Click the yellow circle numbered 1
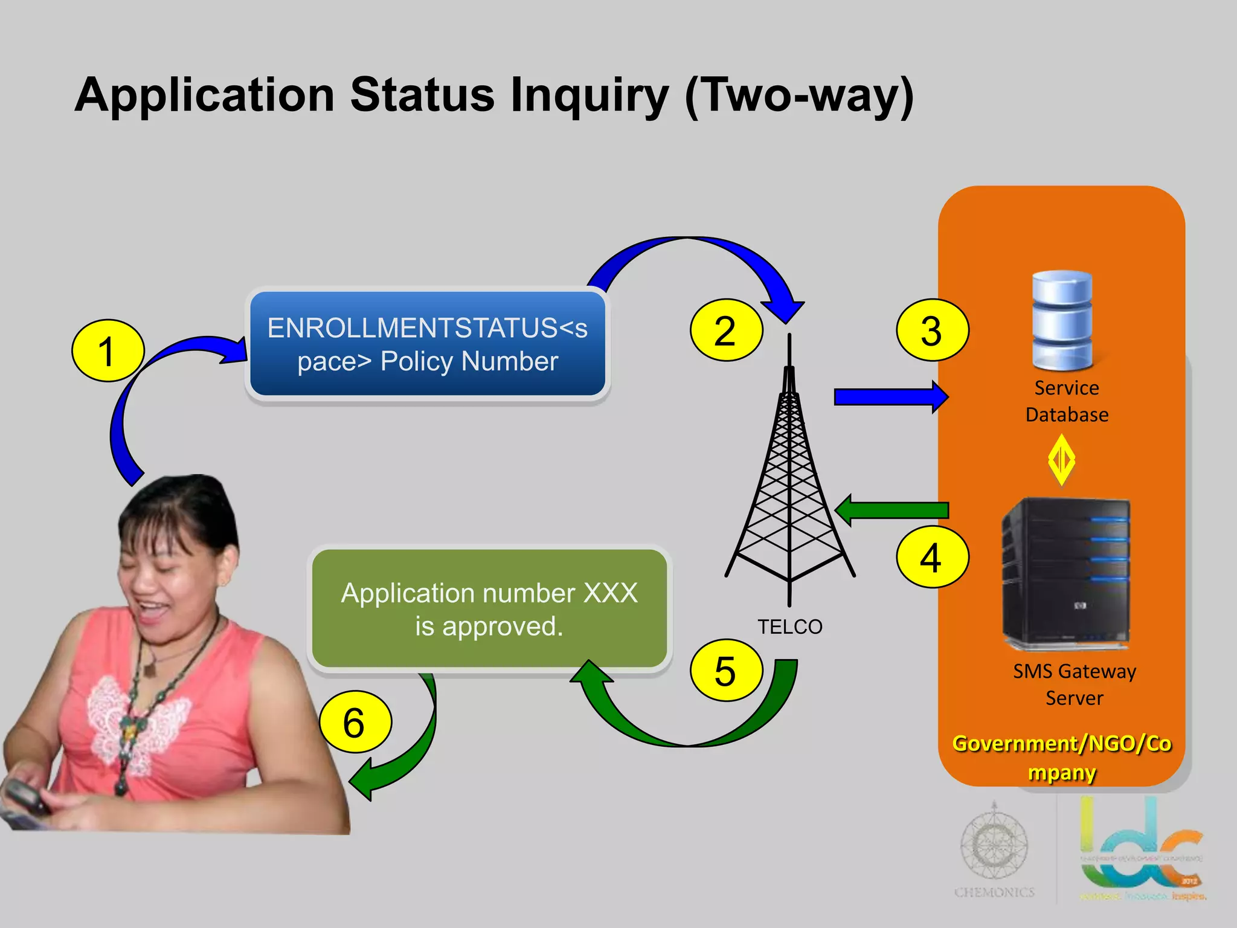108,350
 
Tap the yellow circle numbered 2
726,330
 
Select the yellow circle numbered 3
932,330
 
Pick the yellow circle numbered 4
932,557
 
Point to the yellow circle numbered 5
726,670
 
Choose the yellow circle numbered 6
355,722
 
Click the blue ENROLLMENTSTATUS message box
428,344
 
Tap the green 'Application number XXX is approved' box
489,609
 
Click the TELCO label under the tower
789,627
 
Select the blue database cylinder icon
1062,320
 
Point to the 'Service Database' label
1067,401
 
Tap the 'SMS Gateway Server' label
1075,685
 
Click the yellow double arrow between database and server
1061,460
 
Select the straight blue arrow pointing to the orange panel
890,397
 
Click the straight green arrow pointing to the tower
892,511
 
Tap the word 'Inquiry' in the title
590,95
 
